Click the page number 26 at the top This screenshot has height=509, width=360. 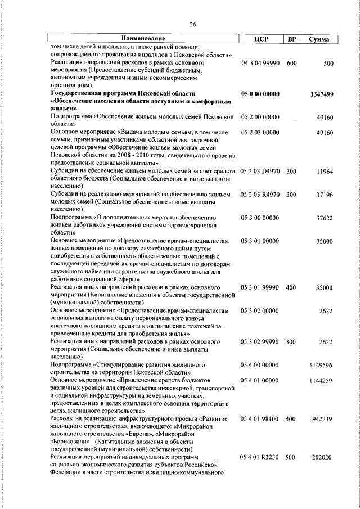[193, 24]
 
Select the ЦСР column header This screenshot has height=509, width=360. [260, 39]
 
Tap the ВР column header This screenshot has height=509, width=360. [291, 39]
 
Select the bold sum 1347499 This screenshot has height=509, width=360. [321, 94]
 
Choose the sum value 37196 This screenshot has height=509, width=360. [325, 195]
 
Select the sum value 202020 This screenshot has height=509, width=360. [323, 458]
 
